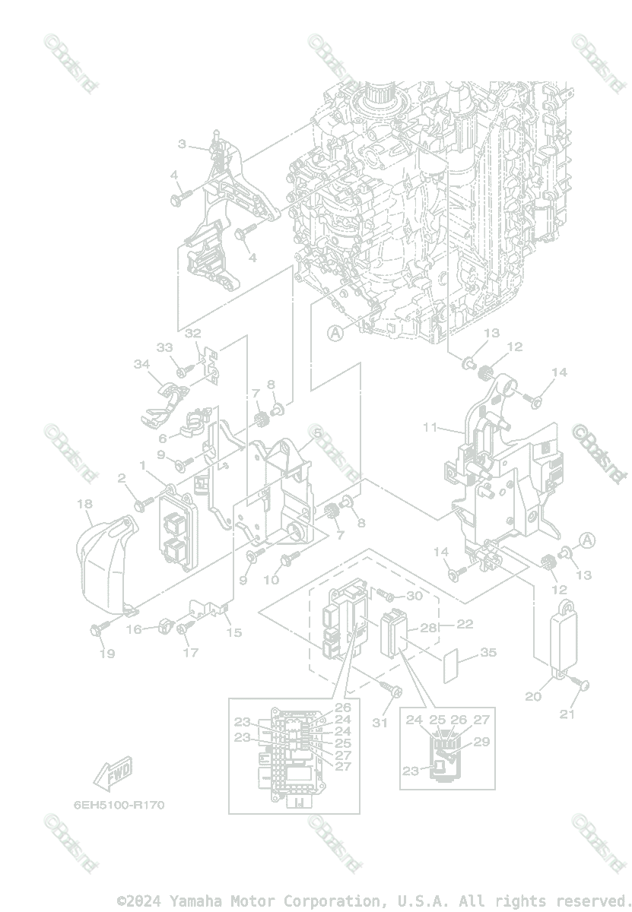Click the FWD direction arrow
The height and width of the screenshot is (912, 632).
tap(112, 774)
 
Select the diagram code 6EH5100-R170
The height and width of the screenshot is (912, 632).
tap(119, 804)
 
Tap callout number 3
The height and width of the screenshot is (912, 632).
tap(183, 144)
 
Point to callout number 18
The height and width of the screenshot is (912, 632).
tap(84, 503)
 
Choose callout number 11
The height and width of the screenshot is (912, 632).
tap(430, 427)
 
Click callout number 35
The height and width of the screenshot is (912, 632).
tap(488, 653)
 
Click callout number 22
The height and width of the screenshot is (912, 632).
tap(465, 624)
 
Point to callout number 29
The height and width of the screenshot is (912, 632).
tap(481, 742)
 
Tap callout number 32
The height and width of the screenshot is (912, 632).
tap(192, 333)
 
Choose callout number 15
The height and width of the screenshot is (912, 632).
tap(235, 632)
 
